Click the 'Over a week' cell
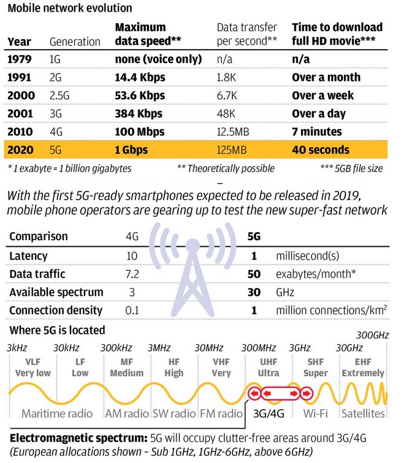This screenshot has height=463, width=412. tap(322, 96)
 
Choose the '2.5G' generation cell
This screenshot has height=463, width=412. tap(62, 96)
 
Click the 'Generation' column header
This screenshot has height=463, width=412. tap(75, 42)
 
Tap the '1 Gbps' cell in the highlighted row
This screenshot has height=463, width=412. tap(135, 150)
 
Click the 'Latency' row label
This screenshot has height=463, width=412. tap(29, 255)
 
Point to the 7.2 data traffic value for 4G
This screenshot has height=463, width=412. tap(133, 274)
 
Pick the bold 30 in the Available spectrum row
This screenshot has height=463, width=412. tap(253, 292)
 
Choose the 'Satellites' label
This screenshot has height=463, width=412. tap(363, 414)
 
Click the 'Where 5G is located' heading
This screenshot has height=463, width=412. tap(57, 331)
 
